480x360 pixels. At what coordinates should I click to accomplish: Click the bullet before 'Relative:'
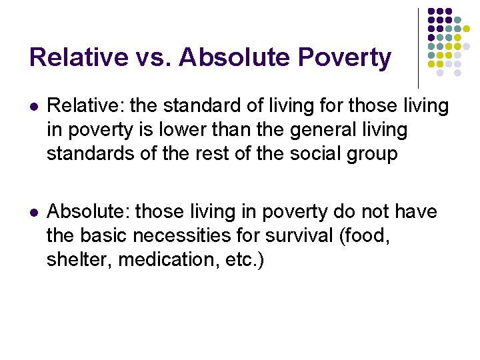34,106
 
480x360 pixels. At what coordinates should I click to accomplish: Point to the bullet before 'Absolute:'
34,213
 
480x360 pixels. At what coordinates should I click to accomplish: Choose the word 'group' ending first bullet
373,154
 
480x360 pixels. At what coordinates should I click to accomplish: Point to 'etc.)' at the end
245,260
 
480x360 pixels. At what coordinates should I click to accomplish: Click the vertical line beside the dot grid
418,47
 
